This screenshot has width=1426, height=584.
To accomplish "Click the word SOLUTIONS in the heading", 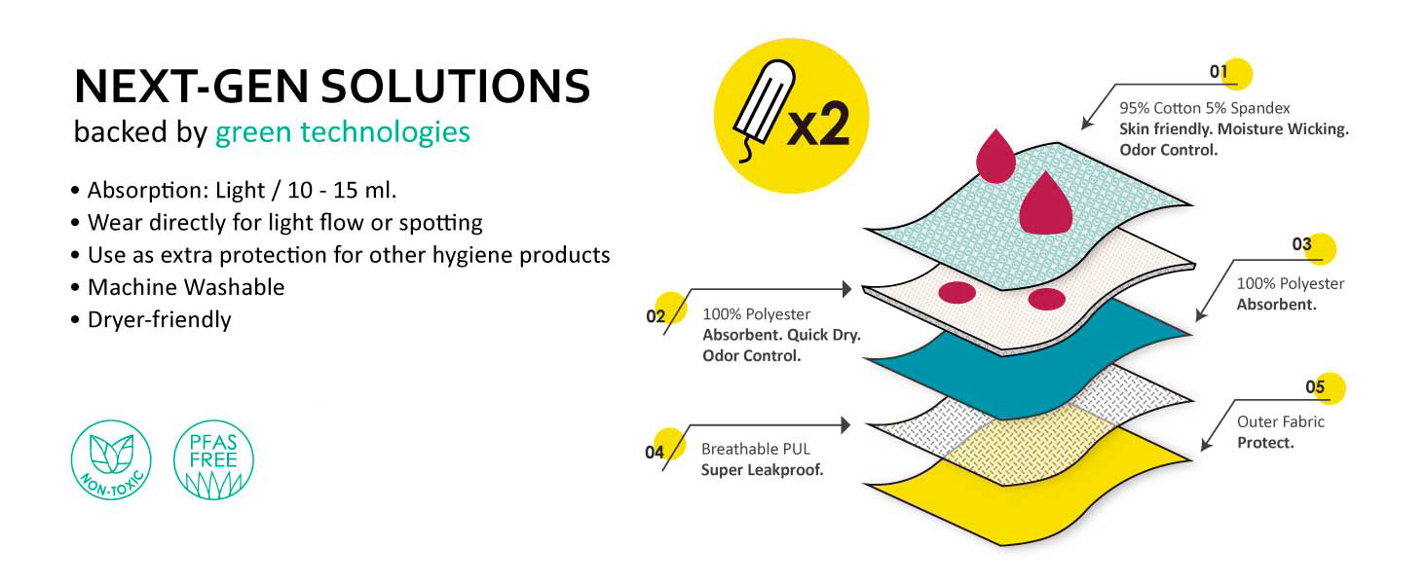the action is pyautogui.click(x=455, y=87).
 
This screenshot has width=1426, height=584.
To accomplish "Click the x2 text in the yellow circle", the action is pyautogui.click(x=818, y=124).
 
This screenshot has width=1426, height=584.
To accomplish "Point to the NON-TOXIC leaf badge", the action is pyautogui.click(x=111, y=459).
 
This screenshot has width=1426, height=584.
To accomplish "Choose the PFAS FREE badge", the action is pyautogui.click(x=213, y=459).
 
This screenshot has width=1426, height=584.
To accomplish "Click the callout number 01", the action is pyautogui.click(x=1219, y=71).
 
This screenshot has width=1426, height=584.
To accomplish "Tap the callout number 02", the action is pyautogui.click(x=656, y=316).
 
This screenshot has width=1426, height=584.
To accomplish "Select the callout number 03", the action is pyautogui.click(x=1302, y=244).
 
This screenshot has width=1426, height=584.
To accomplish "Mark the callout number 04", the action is pyautogui.click(x=655, y=453).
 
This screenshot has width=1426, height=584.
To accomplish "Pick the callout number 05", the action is pyautogui.click(x=1315, y=386).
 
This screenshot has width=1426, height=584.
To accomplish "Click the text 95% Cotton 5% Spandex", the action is pyautogui.click(x=1205, y=108).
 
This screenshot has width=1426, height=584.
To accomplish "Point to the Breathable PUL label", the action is pyautogui.click(x=756, y=449).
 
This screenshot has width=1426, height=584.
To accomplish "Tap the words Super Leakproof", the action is pyautogui.click(x=762, y=470).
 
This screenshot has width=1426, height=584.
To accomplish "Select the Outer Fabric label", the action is pyautogui.click(x=1281, y=421).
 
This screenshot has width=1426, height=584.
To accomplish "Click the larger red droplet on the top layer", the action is pyautogui.click(x=1046, y=203).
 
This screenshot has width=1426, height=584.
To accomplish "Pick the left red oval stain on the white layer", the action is pyautogui.click(x=957, y=293).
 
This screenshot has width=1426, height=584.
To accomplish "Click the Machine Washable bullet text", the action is pyautogui.click(x=186, y=287).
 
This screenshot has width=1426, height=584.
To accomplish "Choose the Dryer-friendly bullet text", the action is pyautogui.click(x=159, y=320).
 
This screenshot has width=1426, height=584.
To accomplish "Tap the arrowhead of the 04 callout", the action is pyautogui.click(x=846, y=425).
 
